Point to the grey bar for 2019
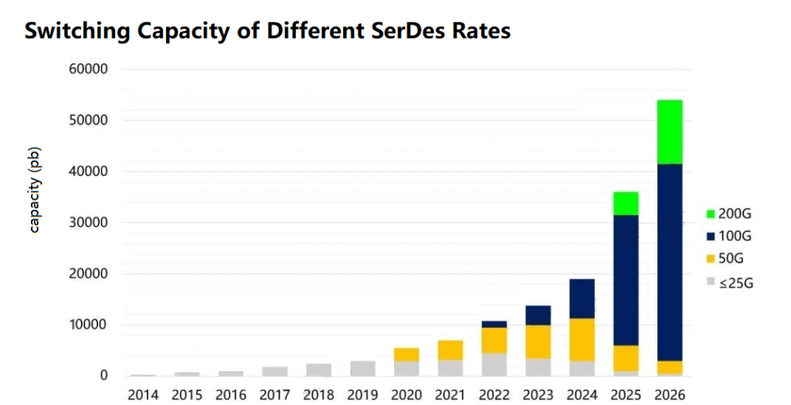362,368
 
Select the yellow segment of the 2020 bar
406,354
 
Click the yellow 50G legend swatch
711,259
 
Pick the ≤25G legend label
735,283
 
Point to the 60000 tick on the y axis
89,69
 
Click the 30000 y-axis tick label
89,223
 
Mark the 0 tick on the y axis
102,376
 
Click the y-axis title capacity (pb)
35,189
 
